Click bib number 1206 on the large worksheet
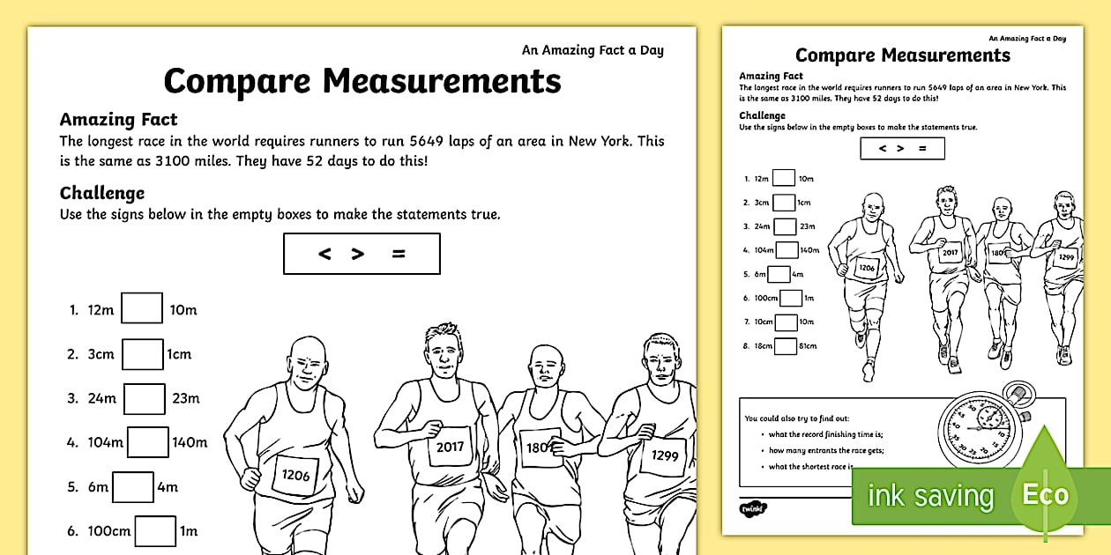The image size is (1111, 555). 295,476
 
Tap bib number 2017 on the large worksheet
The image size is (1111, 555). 450,447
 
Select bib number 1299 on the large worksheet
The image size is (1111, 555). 665,455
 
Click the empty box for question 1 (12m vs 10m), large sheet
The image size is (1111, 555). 142,309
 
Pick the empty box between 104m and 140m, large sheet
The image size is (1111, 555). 147,442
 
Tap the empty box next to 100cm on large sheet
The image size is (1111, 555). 155,530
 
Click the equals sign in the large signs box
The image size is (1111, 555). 399,254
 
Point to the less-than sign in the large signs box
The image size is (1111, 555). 324,254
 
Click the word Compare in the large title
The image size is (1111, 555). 237,81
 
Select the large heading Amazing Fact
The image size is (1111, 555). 118,120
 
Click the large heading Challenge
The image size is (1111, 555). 101,193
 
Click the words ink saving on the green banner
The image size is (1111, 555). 930,496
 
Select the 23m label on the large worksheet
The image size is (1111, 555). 185,398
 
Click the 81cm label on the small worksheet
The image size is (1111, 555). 808,346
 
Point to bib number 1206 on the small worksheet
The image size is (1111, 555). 866,267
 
